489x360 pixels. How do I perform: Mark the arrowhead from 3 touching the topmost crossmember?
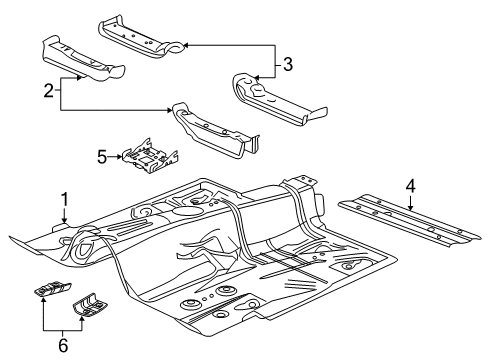tap(187, 45)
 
